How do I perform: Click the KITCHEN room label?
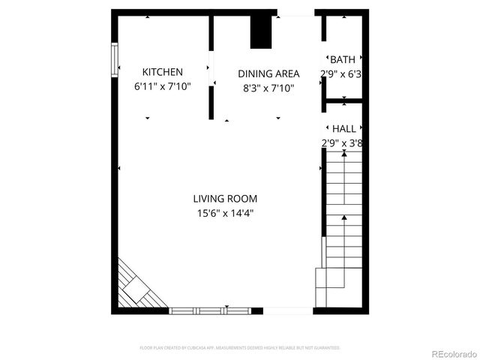(x=162, y=72)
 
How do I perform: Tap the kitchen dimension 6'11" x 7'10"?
(x=162, y=87)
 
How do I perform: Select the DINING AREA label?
(x=268, y=73)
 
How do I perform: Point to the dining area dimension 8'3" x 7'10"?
(x=268, y=88)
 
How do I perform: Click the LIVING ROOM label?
(x=225, y=199)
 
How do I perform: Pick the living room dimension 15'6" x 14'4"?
(x=225, y=214)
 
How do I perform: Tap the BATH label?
(x=343, y=59)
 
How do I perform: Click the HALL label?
(x=344, y=129)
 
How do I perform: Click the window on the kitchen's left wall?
(x=115, y=60)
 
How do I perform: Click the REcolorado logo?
(x=452, y=353)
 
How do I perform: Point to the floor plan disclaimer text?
(x=240, y=348)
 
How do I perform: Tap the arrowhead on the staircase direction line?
(x=344, y=217)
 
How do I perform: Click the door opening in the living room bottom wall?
(x=288, y=310)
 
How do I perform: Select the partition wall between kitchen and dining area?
(x=211, y=67)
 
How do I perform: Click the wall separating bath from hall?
(x=344, y=100)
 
